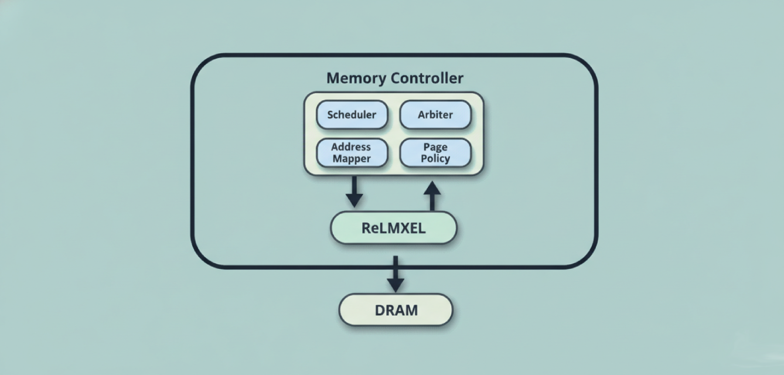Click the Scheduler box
pos(352,115)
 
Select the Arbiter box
pos(435,115)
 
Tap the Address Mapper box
pos(352,153)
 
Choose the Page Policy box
pos(435,153)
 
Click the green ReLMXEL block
pos(393,228)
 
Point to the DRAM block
pos(396,310)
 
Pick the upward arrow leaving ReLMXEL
pos(432,196)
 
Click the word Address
pos(351,147)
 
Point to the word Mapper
pos(352,159)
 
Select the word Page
pos(435,147)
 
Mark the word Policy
pos(435,159)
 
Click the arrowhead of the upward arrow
pos(432,188)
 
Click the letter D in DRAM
pos(380,310)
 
